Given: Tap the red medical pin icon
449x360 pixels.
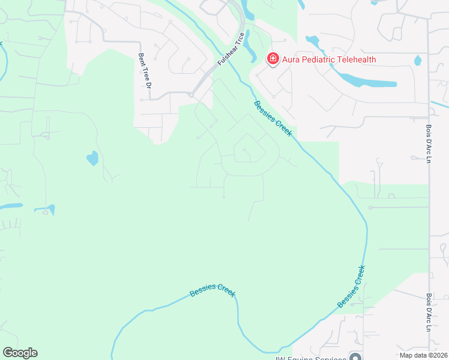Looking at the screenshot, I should click(x=273, y=59).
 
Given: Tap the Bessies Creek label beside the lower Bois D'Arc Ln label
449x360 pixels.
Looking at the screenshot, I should click(x=352, y=286).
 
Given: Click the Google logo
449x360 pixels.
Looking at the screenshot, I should click(x=20, y=353).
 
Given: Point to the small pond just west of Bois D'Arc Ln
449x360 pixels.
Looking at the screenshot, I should click(x=418, y=60).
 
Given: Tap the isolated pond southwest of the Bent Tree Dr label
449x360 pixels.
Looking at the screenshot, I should click(x=92, y=158).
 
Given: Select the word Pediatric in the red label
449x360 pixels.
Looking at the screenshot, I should click(x=315, y=59).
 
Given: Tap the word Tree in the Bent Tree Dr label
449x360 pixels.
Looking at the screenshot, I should click(x=143, y=73).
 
